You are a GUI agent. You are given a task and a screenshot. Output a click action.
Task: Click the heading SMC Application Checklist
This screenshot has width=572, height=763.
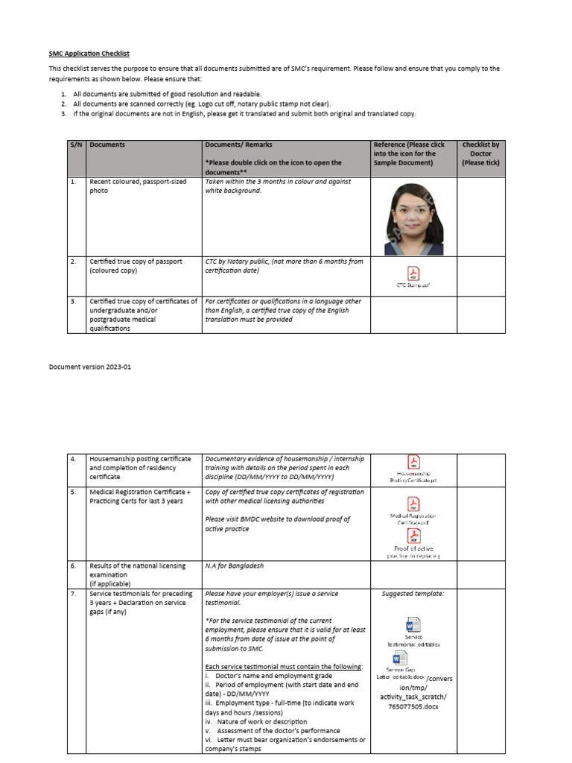tap(89, 54)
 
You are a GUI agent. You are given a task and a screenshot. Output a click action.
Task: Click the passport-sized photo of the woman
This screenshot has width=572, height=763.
tap(413, 217)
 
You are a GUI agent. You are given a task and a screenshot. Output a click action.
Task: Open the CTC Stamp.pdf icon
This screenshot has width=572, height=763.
tap(413, 273)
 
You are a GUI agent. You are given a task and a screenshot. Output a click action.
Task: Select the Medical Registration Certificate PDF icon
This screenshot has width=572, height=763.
tap(413, 504)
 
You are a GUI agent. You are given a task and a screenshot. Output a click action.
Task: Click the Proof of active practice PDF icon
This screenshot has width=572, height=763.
tap(413, 536)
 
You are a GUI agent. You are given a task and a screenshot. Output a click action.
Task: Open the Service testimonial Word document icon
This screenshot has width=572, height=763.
tap(413, 624)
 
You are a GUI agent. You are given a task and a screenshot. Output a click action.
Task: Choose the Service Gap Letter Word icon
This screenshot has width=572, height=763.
tap(399, 658)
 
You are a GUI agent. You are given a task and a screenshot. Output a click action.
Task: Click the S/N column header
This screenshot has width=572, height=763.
tap(75, 145)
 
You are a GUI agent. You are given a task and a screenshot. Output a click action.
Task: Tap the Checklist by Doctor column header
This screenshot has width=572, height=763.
tap(480, 153)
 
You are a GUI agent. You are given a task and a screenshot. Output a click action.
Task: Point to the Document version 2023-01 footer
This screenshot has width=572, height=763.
tap(89, 367)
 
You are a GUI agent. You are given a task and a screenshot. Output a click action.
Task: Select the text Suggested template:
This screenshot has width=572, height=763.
tap(413, 594)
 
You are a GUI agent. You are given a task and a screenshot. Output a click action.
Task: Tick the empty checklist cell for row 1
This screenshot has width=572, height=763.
tap(480, 217)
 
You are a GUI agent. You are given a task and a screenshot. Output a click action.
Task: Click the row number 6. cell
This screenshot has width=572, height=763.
tap(74, 566)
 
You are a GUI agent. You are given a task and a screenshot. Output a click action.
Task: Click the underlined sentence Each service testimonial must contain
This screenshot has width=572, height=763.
tap(284, 666)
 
